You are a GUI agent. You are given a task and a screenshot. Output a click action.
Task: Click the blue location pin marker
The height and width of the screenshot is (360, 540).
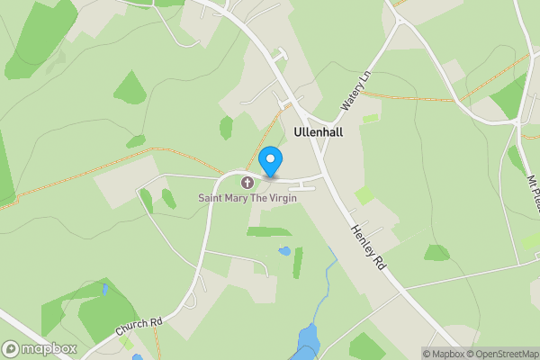tap(269, 160)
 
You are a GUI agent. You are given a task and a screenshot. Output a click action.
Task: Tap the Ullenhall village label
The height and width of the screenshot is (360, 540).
tap(319, 131)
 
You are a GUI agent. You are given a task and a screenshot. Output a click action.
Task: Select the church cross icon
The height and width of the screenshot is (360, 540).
tap(247, 183)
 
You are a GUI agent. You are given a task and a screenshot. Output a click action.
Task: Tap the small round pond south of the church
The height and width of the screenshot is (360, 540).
tap(284, 250)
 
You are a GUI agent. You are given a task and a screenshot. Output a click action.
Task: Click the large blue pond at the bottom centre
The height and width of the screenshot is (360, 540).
tap(308, 338)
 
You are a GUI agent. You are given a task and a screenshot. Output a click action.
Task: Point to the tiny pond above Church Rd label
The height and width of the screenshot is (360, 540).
tap(105, 290)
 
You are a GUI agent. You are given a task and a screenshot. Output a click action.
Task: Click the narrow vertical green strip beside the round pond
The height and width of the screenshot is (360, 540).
tap(298, 262)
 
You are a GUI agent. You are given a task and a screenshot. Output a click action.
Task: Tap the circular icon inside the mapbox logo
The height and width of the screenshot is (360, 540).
tap(12, 349)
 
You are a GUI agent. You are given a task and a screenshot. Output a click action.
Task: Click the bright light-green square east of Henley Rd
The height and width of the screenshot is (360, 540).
tap(364, 195)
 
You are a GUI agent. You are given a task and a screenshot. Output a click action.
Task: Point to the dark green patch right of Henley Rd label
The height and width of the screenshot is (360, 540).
tap(436, 254)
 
